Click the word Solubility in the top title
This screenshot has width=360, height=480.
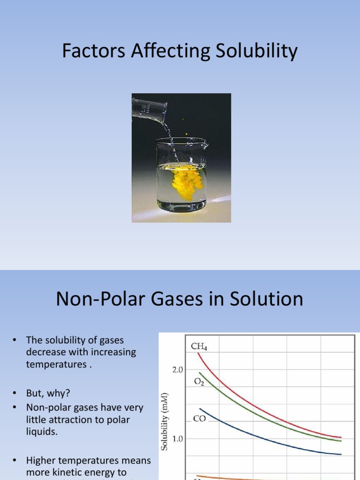[255, 52]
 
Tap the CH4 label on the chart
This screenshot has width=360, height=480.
[199, 347]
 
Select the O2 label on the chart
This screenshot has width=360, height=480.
[199, 382]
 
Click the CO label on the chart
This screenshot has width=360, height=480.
[199, 419]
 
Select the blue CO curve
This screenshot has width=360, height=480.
[262, 440]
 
